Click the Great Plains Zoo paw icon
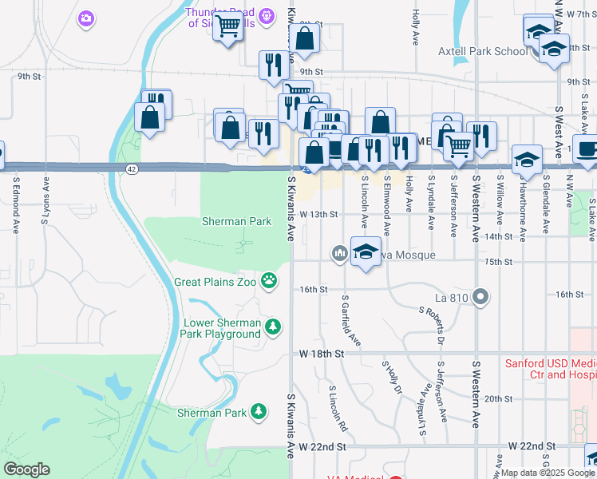(271, 281)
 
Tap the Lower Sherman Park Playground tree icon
(273, 327)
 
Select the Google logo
(26, 469)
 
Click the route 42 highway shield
(132, 168)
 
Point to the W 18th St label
(321, 353)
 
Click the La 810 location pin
(480, 298)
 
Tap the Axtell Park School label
(482, 52)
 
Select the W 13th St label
(319, 215)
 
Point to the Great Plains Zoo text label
(218, 282)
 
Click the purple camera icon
(86, 18)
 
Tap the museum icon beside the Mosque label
(338, 254)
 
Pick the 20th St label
(497, 398)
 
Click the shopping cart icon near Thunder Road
(228, 26)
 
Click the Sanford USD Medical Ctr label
(551, 369)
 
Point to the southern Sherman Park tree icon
(259, 411)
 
